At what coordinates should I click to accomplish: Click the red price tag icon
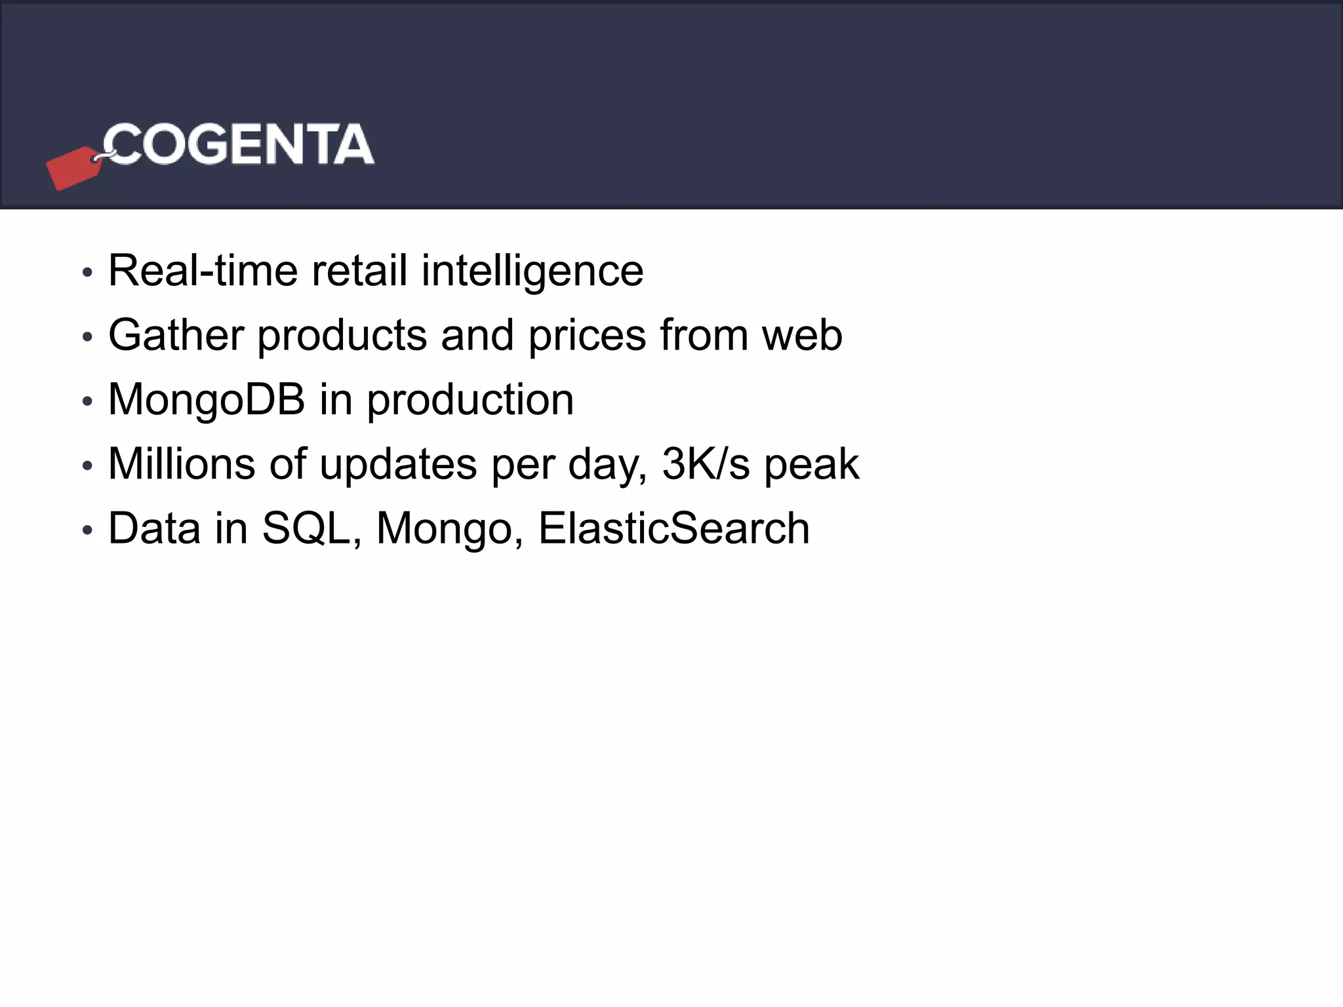[x=73, y=168]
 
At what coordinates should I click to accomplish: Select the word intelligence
[x=532, y=271]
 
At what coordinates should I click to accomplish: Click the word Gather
[x=176, y=335]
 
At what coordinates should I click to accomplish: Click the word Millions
[x=182, y=464]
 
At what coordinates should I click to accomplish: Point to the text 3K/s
[x=706, y=464]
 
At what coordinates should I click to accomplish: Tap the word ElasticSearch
[x=673, y=528]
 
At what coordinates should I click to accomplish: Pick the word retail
[x=359, y=270]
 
